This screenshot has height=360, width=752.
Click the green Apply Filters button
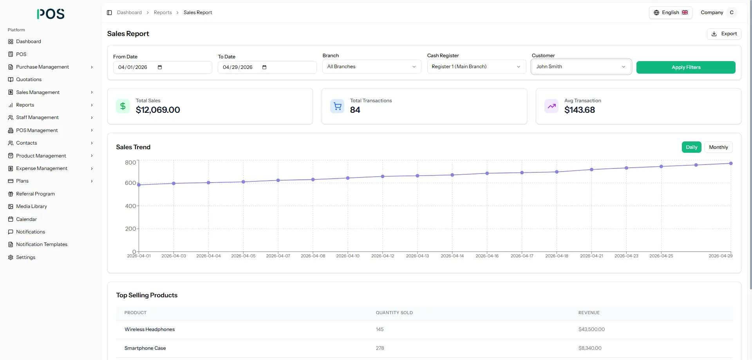[x=686, y=67]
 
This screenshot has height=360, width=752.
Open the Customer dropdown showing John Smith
[x=581, y=67]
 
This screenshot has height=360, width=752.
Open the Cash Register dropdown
[x=476, y=67]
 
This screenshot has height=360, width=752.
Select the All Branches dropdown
[x=372, y=67]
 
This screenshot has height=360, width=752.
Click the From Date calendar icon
[x=160, y=67]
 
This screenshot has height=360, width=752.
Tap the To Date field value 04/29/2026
[x=238, y=67]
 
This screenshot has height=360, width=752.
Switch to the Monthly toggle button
[x=718, y=147]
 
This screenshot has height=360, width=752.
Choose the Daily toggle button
[x=691, y=147]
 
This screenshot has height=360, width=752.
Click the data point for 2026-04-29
[x=731, y=163]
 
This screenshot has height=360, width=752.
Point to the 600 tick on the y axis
[x=130, y=183]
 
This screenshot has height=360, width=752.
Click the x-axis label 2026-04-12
[x=383, y=256]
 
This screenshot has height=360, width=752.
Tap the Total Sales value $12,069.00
[x=158, y=110]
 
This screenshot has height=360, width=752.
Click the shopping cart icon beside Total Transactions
[x=337, y=106]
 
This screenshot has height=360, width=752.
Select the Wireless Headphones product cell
[x=150, y=329]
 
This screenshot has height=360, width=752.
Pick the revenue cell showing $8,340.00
[x=590, y=348]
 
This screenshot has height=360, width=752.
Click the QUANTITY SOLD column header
[x=394, y=313]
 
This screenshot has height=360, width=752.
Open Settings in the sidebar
[x=25, y=257]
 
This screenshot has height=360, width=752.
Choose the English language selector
[x=671, y=13]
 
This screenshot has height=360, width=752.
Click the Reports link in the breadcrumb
[x=163, y=13]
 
